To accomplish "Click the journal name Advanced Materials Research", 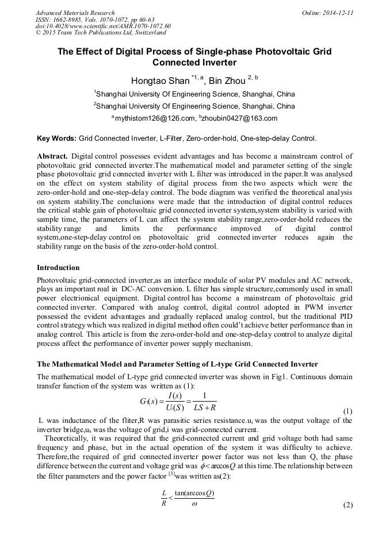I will coord(75,13).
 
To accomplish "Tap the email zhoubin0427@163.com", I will coord(232,118).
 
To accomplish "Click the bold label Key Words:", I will coord(56,138).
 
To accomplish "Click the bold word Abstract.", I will coord(52,156).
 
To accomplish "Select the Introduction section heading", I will coord(58,268).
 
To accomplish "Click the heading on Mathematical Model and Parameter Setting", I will coord(177,365).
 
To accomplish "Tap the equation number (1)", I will coord(347,411).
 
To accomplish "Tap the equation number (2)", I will coord(347,505).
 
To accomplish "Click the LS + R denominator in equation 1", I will coord(202,407).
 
